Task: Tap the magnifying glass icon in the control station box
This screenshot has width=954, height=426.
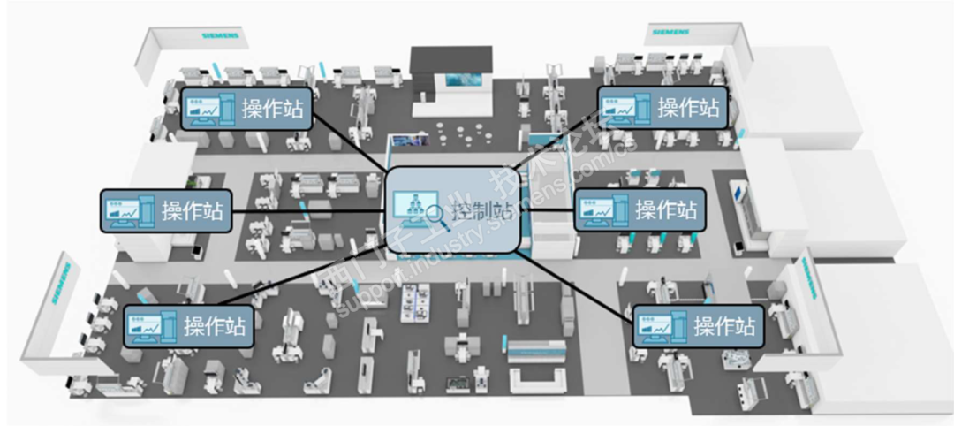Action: pyautogui.click(x=435, y=213)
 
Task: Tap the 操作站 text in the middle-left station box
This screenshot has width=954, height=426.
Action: pyautogui.click(x=193, y=210)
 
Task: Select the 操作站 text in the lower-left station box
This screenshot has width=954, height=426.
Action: pyautogui.click(x=215, y=325)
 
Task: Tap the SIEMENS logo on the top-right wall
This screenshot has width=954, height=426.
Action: pyautogui.click(x=674, y=33)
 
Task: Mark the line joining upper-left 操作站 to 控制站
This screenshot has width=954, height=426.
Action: pyautogui.click(x=352, y=141)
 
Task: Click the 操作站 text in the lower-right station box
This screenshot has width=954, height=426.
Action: pyautogui.click(x=724, y=325)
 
